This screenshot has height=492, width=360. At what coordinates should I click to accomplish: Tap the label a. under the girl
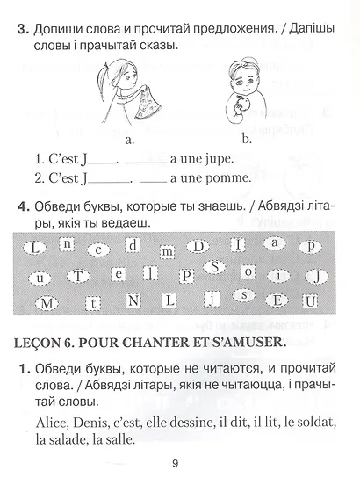(130, 138)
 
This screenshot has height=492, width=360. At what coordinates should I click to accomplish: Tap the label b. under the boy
(246, 138)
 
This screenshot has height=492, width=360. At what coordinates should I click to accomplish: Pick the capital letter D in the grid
(200, 244)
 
